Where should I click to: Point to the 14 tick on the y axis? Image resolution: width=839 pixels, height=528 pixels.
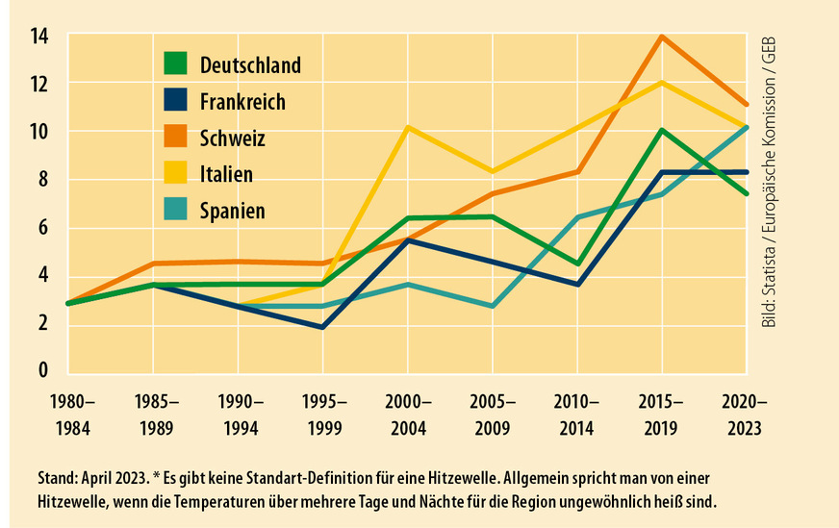(39, 37)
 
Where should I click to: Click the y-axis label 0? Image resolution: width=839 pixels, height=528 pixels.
(43, 370)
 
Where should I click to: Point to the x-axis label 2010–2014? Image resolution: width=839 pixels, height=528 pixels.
(576, 413)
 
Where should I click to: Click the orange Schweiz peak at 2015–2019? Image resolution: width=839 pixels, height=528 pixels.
(661, 38)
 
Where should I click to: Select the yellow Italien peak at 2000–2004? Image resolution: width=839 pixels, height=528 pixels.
(407, 127)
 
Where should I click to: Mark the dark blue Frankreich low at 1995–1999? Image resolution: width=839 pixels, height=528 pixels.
(322, 327)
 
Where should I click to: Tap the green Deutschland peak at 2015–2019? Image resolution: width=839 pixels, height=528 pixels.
(661, 130)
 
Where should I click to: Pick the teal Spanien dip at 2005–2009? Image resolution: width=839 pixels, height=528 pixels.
(492, 306)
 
